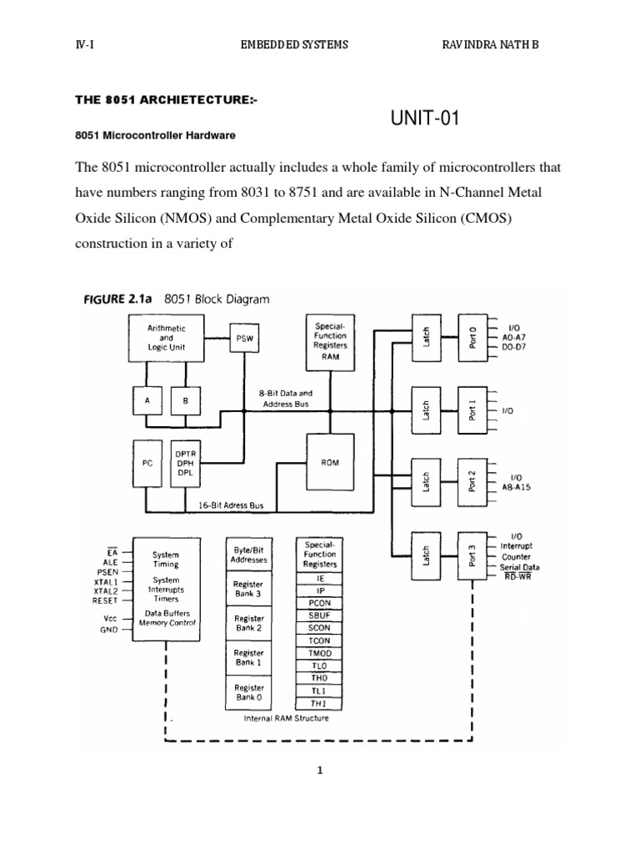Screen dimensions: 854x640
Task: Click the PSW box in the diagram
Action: tap(243, 339)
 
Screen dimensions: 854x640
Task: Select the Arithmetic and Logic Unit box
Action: tap(167, 339)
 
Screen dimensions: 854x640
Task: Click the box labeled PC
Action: tap(147, 463)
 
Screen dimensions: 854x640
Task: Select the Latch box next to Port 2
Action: tap(425, 481)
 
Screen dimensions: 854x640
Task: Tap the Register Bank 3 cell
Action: tap(247, 590)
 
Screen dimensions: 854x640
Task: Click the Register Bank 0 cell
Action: tap(247, 691)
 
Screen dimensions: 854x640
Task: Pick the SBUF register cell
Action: tap(320, 614)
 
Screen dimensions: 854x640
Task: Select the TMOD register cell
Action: tap(320, 654)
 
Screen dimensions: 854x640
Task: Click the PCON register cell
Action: tap(320, 600)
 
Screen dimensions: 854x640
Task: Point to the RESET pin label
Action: tap(106, 600)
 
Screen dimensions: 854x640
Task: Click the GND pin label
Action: tap(109, 630)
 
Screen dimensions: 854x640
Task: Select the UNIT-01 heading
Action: tap(425, 119)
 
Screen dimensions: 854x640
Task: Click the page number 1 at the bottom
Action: tap(319, 771)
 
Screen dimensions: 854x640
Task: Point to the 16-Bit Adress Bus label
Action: tap(232, 505)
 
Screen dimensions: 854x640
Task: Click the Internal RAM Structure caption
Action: tap(286, 717)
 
